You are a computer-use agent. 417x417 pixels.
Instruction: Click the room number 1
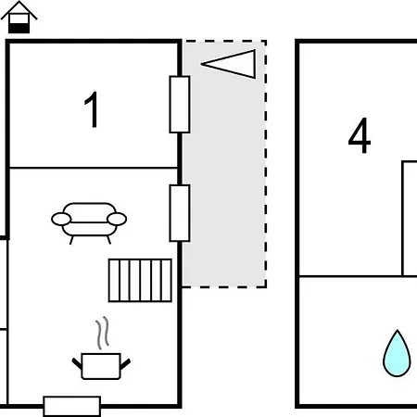[92, 109]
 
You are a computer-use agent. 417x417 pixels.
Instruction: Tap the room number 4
[360, 135]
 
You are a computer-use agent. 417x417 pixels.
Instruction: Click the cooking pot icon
[101, 366]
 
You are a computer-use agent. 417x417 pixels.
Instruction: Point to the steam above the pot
[103, 333]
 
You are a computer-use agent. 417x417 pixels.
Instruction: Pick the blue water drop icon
[397, 353]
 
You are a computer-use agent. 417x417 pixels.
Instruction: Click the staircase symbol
[140, 280]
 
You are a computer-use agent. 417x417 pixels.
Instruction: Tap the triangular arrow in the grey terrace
[229, 64]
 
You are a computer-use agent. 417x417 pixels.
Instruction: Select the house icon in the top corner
[19, 17]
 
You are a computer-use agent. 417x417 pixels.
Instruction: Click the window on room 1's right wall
[180, 105]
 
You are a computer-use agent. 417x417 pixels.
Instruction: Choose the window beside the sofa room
[180, 213]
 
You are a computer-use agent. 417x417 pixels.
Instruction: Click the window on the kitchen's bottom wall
[72, 406]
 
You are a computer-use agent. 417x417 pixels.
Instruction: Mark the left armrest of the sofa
[61, 219]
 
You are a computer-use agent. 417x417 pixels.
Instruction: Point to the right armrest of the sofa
[117, 219]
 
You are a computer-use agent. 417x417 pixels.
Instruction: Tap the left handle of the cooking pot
[77, 364]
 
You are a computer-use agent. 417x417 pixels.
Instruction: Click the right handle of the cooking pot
[125, 364]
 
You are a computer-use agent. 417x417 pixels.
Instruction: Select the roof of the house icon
[19, 10]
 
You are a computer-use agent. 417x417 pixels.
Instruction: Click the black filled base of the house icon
[19, 29]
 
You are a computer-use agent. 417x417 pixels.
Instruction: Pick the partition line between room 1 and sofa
[94, 168]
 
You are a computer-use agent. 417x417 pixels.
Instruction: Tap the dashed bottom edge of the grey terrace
[224, 287]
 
